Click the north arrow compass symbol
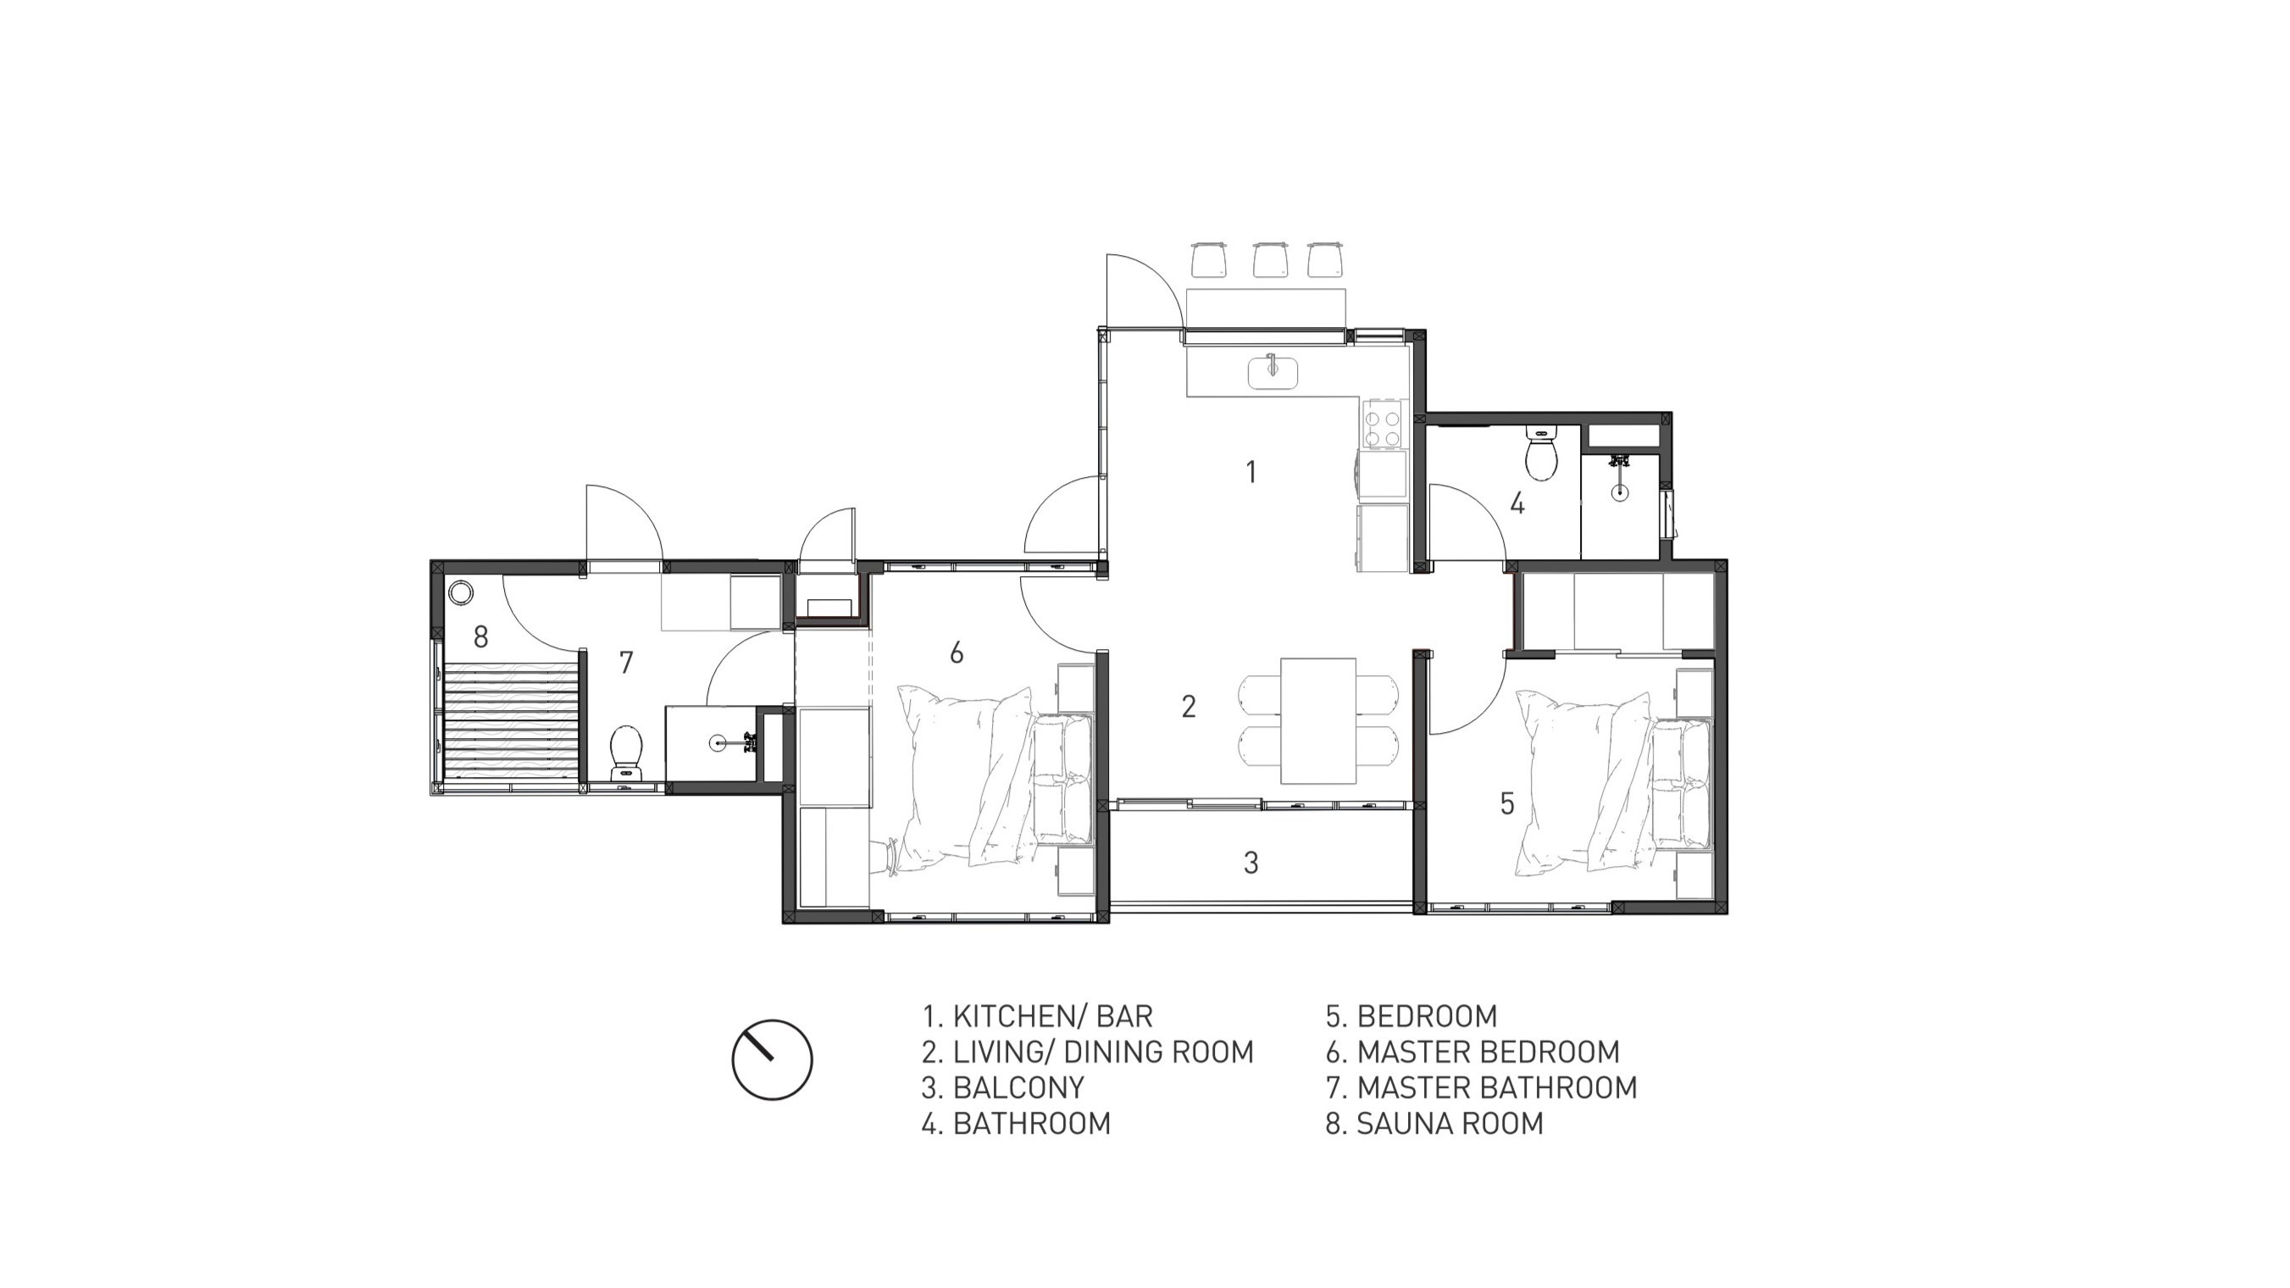[x=772, y=1059]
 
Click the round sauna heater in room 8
[x=462, y=592]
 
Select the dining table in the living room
[x=1317, y=721]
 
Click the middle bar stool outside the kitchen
[x=1270, y=258]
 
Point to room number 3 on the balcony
[x=1250, y=863]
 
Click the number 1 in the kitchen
[x=1251, y=472]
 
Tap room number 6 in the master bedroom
[x=956, y=653]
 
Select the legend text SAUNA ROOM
[x=1450, y=1124]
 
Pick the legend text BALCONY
[x=1018, y=1088]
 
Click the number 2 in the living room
[x=1189, y=707]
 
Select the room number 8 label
[x=481, y=636]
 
